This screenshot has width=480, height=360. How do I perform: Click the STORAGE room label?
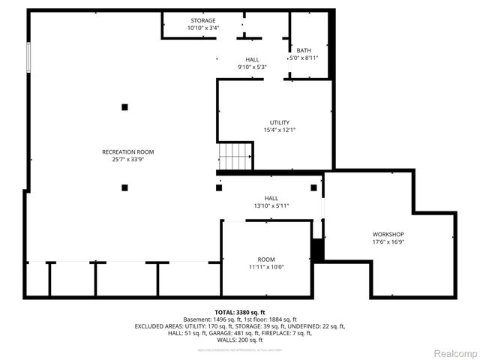(202, 20)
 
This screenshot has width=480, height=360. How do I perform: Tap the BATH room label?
(303, 50)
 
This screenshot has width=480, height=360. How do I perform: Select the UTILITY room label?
(280, 122)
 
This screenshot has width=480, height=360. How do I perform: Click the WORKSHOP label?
(388, 234)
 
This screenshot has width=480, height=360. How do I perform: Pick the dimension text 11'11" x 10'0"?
(266, 267)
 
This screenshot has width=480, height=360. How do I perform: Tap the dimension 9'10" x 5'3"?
(252, 67)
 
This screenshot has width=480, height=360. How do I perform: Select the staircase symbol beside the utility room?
(235, 157)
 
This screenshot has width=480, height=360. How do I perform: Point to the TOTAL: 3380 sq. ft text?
(240, 312)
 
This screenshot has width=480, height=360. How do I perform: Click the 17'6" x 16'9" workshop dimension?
(388, 241)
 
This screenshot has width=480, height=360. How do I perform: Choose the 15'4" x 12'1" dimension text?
(280, 130)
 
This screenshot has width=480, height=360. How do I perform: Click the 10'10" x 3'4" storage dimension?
(202, 28)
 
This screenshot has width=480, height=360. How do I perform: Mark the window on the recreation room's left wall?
(28, 58)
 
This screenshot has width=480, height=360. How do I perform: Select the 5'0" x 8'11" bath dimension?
(303, 58)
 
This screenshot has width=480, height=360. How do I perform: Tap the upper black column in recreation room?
(124, 107)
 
